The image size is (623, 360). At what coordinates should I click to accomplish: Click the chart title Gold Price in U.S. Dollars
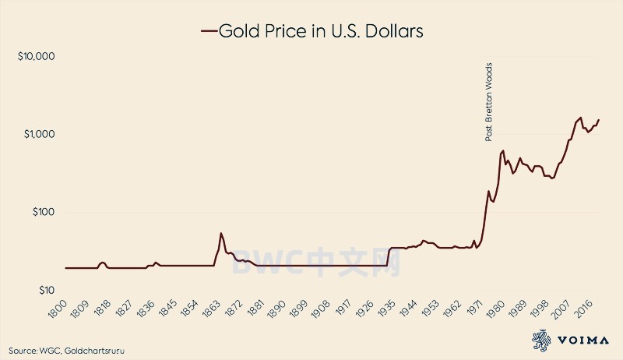321,31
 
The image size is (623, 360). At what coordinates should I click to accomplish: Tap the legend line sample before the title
208,32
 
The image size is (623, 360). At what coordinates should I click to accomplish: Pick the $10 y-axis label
43,290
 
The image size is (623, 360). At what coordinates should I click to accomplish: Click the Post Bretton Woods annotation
489,101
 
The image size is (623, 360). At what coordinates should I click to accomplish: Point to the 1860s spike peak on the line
221,233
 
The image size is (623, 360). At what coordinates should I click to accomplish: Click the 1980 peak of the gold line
503,150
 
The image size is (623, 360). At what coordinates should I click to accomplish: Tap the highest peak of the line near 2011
580,118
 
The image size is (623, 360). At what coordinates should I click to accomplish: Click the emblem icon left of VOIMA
542,339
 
